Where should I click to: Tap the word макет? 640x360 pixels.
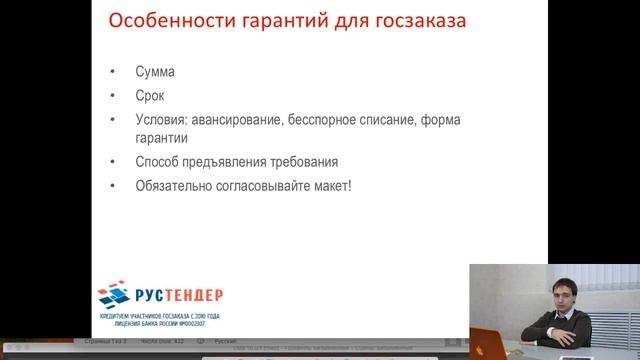[x=333, y=185]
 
